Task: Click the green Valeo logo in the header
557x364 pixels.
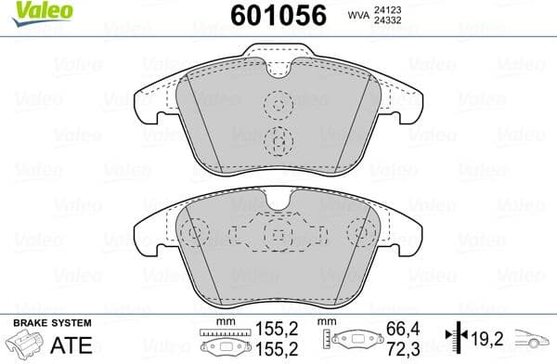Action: pyautogui.click(x=31, y=10)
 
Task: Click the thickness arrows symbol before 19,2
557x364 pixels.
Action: pyautogui.click(x=455, y=337)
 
